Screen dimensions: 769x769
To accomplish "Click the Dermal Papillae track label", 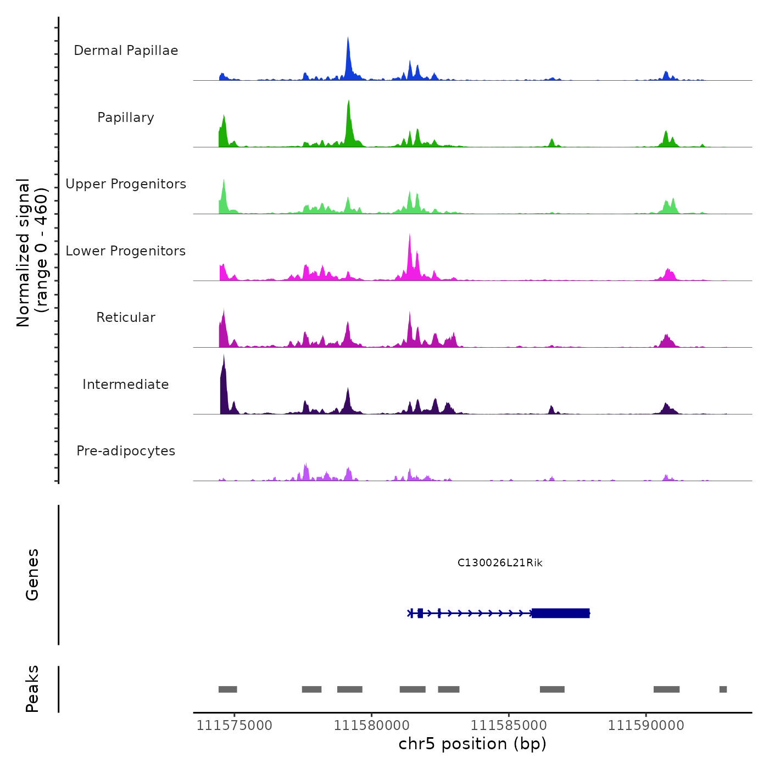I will click(126, 51).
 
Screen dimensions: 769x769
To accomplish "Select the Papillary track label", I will click(126, 118).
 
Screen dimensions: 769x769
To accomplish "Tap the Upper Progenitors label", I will click(126, 184).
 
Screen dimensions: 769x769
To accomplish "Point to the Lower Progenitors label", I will click(126, 251).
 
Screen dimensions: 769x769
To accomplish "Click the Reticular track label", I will click(126, 317).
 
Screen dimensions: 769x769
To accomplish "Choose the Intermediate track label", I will click(126, 384).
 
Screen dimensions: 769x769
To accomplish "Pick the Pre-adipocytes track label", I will click(126, 451).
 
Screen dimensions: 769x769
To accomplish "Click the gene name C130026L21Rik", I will click(500, 563).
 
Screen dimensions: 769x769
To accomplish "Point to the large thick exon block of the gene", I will click(560, 613).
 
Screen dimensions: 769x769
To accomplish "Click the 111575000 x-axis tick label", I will click(235, 726).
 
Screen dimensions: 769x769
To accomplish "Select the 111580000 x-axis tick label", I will click(372, 726).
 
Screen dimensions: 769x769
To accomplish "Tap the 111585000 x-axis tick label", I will click(509, 726).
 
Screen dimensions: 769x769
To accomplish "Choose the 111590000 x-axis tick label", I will click(646, 726).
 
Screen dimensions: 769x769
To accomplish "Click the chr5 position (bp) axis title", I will click(472, 744).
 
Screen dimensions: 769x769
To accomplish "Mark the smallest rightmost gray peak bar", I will click(723, 689).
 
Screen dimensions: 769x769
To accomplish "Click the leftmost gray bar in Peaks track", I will click(227, 689).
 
